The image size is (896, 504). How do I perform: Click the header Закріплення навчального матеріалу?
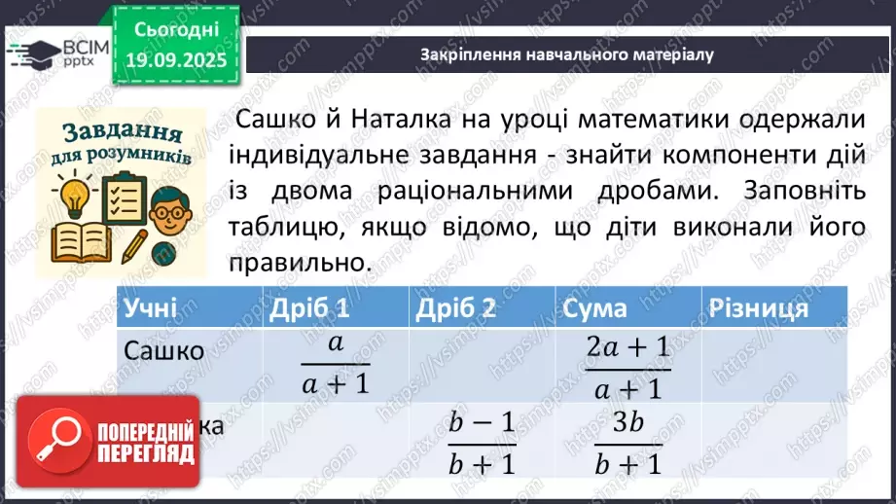tap(567, 54)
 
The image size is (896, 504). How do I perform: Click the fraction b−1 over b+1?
tap(482, 441)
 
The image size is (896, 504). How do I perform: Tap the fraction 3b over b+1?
tap(627, 441)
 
